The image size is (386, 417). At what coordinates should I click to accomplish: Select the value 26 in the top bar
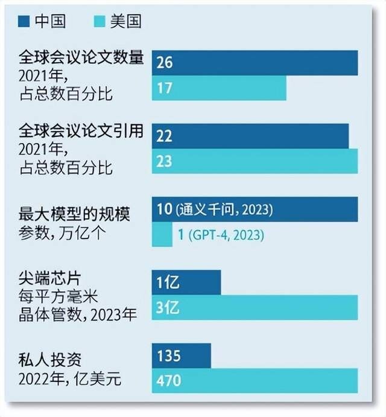pyautogui.click(x=165, y=63)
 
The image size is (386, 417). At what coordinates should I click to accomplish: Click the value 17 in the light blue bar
pyautogui.click(x=164, y=88)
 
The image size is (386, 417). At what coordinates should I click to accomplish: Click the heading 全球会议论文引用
pyautogui.click(x=81, y=132)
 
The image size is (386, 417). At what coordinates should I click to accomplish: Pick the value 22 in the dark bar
pyautogui.click(x=164, y=136)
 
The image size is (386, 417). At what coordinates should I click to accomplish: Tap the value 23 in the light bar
pyautogui.click(x=164, y=161)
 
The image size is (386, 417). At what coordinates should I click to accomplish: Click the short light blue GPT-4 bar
pyautogui.click(x=162, y=235)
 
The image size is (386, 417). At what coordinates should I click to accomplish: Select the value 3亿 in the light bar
pyautogui.click(x=167, y=308)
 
